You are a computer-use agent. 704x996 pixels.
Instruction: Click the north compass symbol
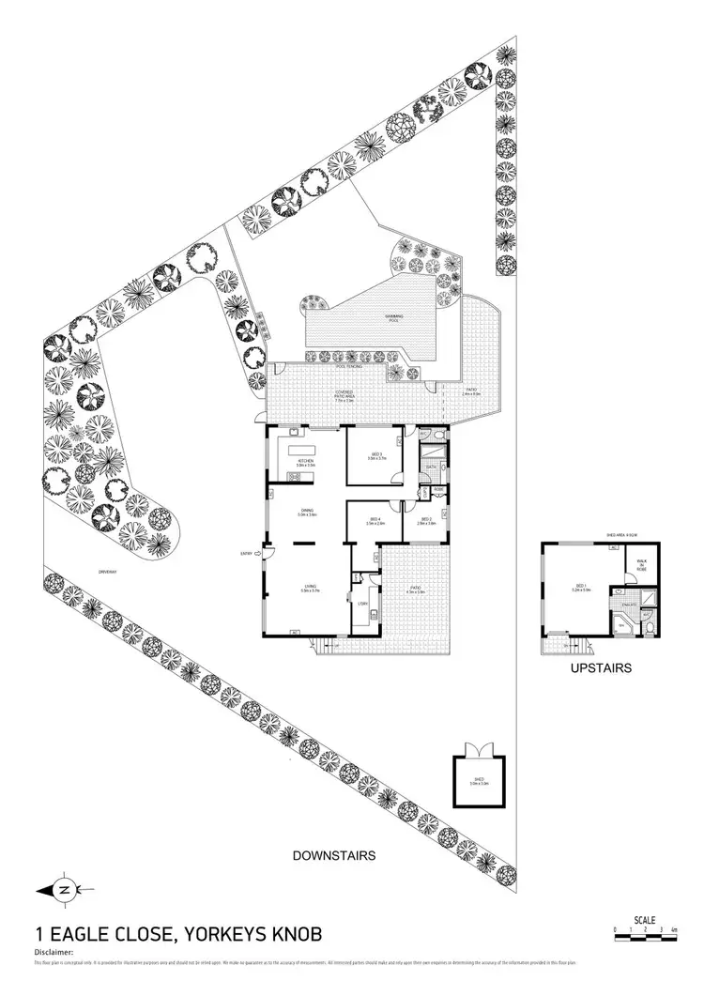(x=62, y=888)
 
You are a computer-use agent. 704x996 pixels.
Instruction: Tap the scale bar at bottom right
(x=645, y=932)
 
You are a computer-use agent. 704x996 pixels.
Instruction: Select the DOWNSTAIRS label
(x=333, y=855)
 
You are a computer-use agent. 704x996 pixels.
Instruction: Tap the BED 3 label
(x=375, y=455)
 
